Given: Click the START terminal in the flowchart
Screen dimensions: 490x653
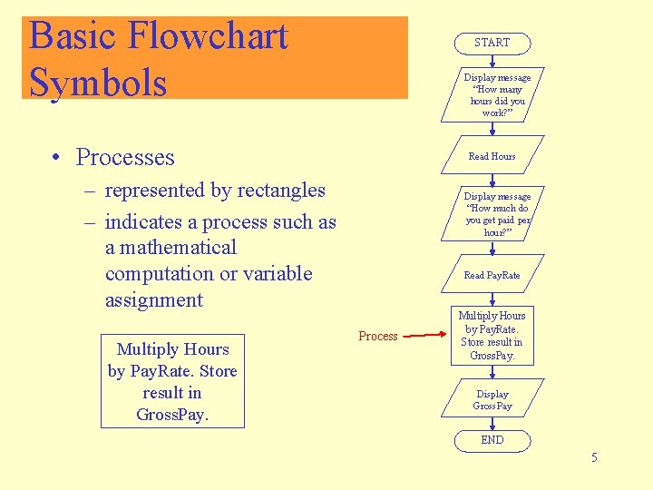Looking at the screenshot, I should click(x=492, y=43).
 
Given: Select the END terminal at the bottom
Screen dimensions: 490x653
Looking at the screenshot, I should click(x=492, y=440).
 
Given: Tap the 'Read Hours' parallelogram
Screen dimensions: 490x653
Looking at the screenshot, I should click(x=492, y=156).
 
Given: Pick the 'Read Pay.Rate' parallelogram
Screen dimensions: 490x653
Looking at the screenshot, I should click(x=492, y=275).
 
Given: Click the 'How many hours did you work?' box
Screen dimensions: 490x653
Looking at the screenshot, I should click(x=492, y=94).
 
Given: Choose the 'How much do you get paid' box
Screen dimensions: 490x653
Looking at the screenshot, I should click(x=492, y=214).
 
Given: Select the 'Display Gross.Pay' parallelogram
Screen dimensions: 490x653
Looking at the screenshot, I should click(x=492, y=399).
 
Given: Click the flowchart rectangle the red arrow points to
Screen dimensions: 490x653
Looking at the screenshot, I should click(x=492, y=336).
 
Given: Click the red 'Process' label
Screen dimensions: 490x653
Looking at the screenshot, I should click(x=378, y=337).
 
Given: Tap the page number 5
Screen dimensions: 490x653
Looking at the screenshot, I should click(x=594, y=457).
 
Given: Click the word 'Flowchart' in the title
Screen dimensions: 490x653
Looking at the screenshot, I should click(x=209, y=36).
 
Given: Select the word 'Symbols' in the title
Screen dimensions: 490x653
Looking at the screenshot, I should click(x=98, y=82).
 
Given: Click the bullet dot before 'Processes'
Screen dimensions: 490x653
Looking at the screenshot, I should click(x=56, y=159).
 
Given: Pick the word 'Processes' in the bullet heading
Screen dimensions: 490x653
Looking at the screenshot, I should click(x=125, y=157).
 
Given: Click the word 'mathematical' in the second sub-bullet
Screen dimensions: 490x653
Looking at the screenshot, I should click(x=171, y=248).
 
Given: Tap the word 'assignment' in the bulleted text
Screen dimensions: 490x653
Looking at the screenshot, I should click(x=154, y=300).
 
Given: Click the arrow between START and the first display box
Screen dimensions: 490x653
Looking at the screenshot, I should click(x=492, y=61).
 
